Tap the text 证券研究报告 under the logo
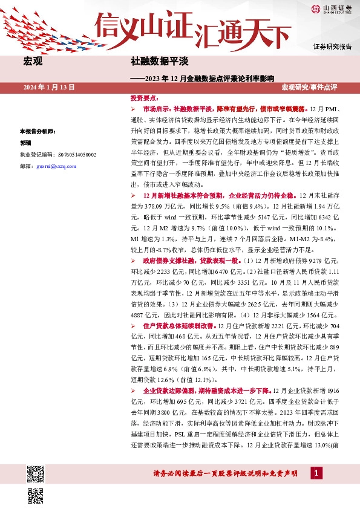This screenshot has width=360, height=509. click(x=332, y=47)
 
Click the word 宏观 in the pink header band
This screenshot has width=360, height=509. click(x=32, y=62)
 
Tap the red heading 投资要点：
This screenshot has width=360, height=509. click(x=145, y=97)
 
